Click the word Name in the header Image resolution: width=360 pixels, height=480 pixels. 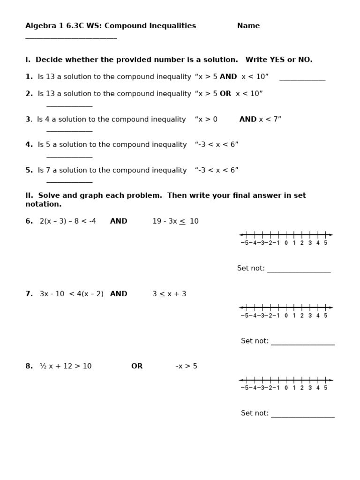click(248, 26)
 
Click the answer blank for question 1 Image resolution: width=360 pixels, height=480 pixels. click(302, 80)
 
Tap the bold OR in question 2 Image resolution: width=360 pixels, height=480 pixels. click(225, 94)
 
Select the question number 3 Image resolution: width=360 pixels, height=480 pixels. click(28, 120)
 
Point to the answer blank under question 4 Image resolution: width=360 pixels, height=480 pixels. click(69, 156)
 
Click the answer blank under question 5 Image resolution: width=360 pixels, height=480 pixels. click(69, 181)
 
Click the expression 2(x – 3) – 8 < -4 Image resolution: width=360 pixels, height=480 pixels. click(68, 221)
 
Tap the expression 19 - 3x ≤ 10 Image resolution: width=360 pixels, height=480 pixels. click(175, 221)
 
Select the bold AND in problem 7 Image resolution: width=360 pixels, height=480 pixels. click(119, 294)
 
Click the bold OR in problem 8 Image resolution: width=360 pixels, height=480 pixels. click(137, 366)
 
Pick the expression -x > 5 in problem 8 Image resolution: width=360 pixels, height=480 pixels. click(187, 366)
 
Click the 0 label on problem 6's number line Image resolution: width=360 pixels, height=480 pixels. click(286, 243)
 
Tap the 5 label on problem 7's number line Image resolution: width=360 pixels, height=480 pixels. click(325, 315)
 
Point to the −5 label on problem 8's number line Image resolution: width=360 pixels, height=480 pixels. click(245, 388)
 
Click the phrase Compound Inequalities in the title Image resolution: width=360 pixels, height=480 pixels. click(150, 26)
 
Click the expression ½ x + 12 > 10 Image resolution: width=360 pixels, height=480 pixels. click(66, 366)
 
